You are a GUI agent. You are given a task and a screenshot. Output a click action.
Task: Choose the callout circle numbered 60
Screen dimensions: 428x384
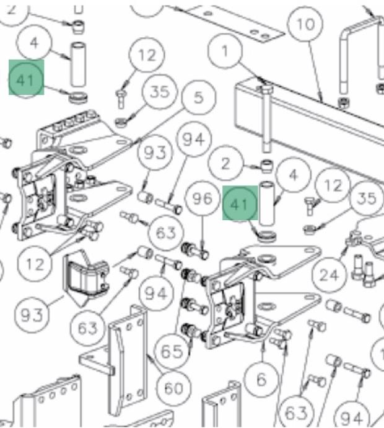click(x=173, y=388)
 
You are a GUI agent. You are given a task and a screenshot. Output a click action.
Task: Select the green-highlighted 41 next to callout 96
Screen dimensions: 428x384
click(x=240, y=203)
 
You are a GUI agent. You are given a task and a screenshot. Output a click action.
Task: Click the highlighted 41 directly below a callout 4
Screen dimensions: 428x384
click(x=27, y=78)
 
